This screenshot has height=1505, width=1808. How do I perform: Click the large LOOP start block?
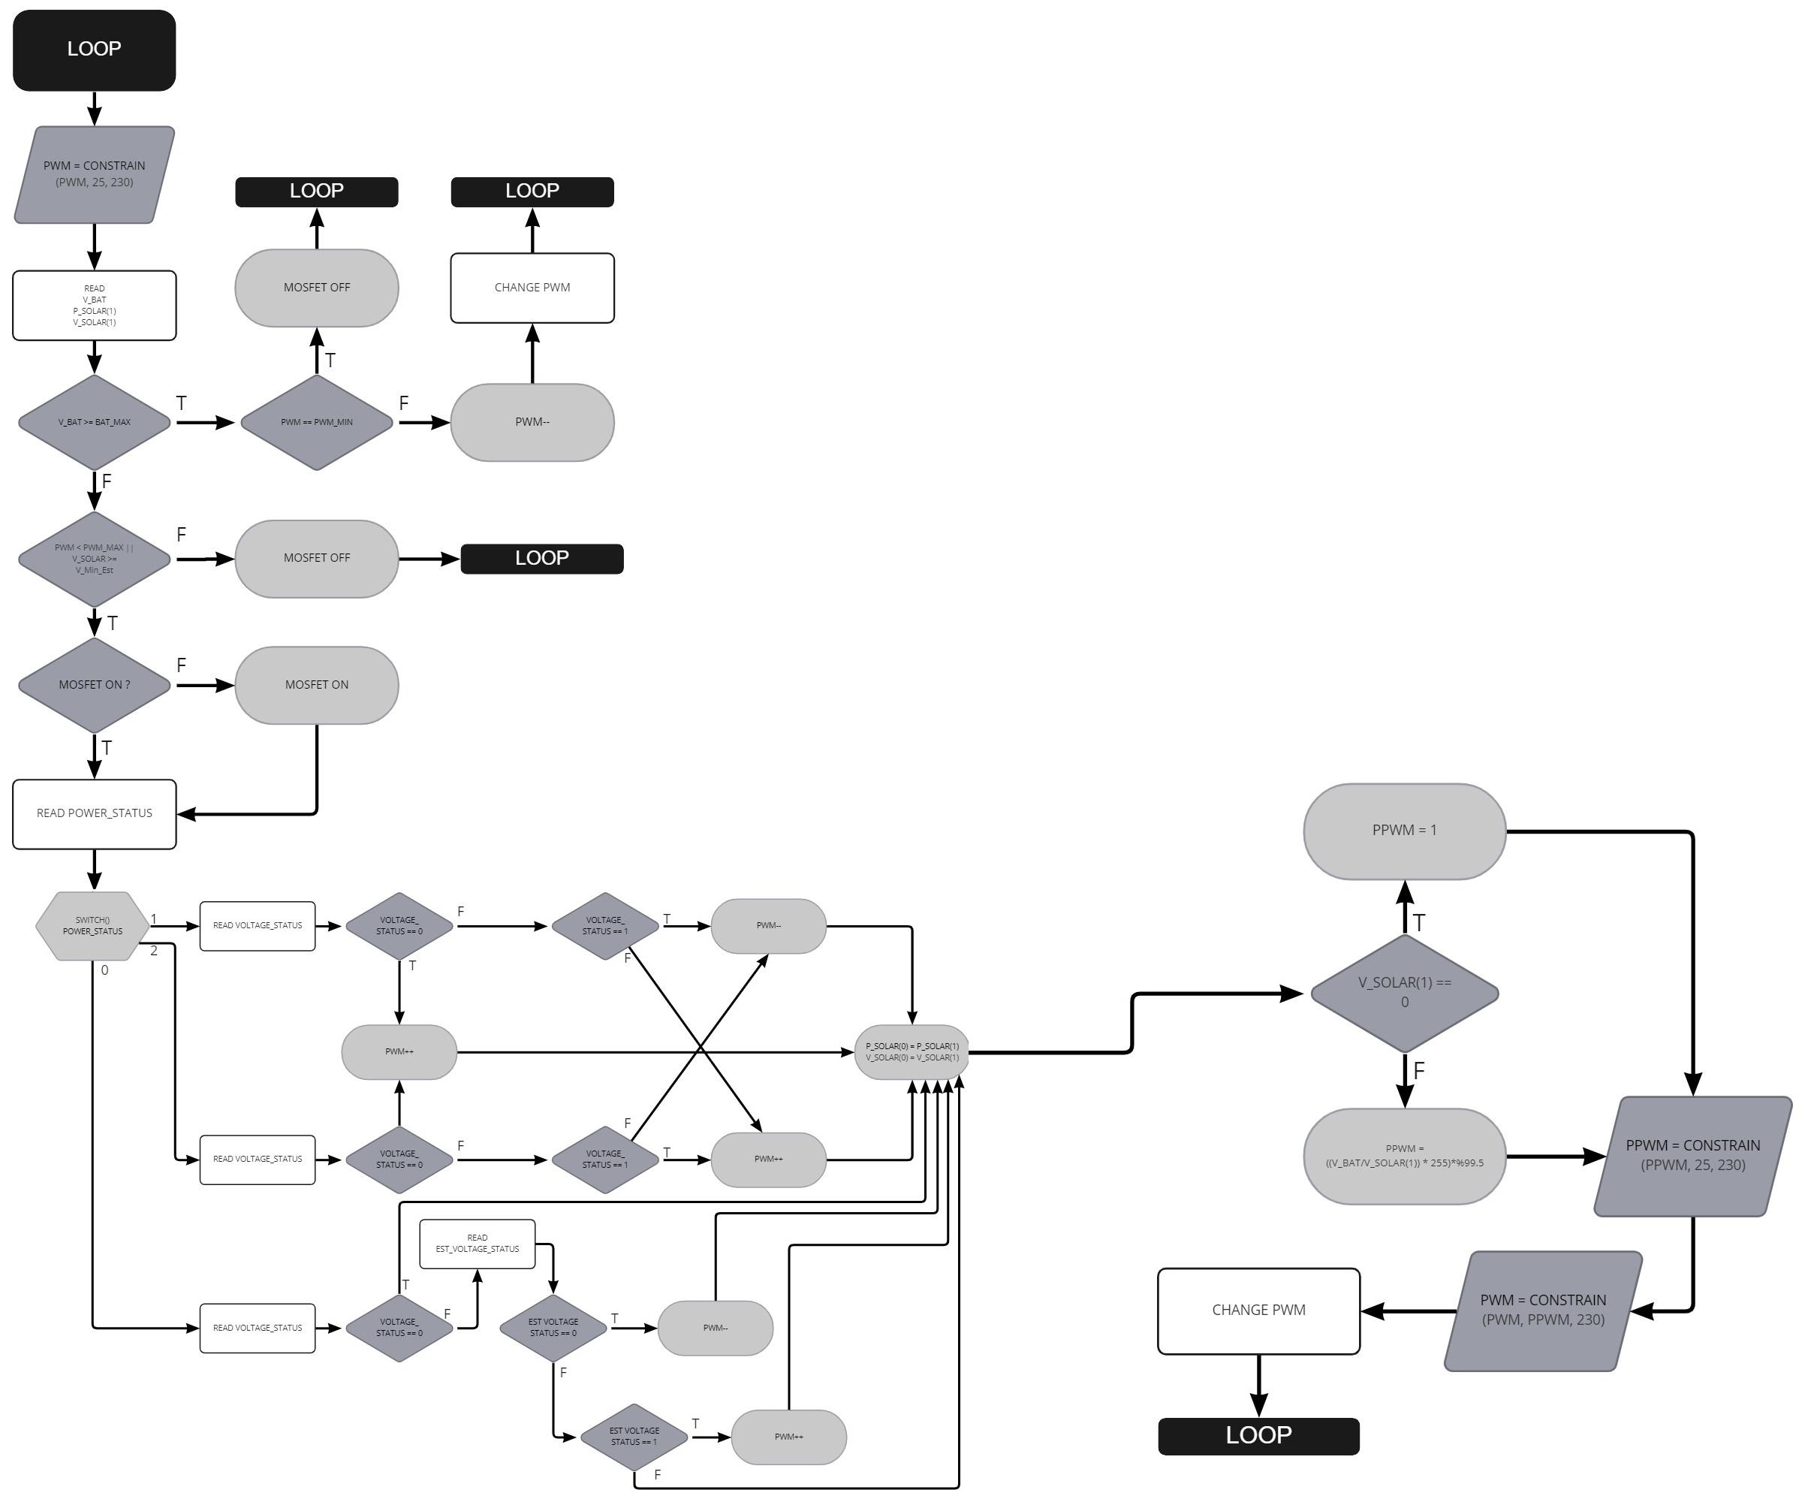click(94, 50)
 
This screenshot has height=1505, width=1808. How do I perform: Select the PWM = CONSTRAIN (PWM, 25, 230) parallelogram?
click(94, 175)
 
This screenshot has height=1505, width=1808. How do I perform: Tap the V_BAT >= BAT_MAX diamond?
click(94, 423)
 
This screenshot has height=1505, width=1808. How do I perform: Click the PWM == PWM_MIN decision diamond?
click(316, 423)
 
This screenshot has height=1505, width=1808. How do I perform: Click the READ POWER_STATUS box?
click(94, 813)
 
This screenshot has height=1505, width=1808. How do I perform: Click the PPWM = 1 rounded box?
click(1404, 831)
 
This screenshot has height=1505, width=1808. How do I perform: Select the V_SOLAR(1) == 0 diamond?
click(1404, 993)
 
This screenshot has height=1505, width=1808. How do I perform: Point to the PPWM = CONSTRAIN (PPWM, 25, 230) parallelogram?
click(1692, 1156)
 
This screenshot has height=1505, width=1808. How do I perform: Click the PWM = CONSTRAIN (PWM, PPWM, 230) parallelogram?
click(1543, 1310)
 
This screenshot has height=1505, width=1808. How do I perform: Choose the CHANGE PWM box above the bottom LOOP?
click(1258, 1310)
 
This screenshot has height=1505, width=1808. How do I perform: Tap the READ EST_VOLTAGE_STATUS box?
click(477, 1243)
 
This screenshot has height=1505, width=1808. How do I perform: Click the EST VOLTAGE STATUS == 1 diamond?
click(634, 1436)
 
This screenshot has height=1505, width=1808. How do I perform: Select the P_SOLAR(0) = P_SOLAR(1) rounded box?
click(912, 1052)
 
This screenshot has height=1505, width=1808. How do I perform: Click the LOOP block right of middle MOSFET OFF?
click(541, 559)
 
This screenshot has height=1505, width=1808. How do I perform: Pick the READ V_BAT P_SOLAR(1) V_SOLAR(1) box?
click(94, 306)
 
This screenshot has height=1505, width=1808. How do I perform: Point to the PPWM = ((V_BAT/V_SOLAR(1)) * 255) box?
click(1404, 1156)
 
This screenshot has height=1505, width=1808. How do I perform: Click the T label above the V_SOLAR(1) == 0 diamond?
click(1419, 923)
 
